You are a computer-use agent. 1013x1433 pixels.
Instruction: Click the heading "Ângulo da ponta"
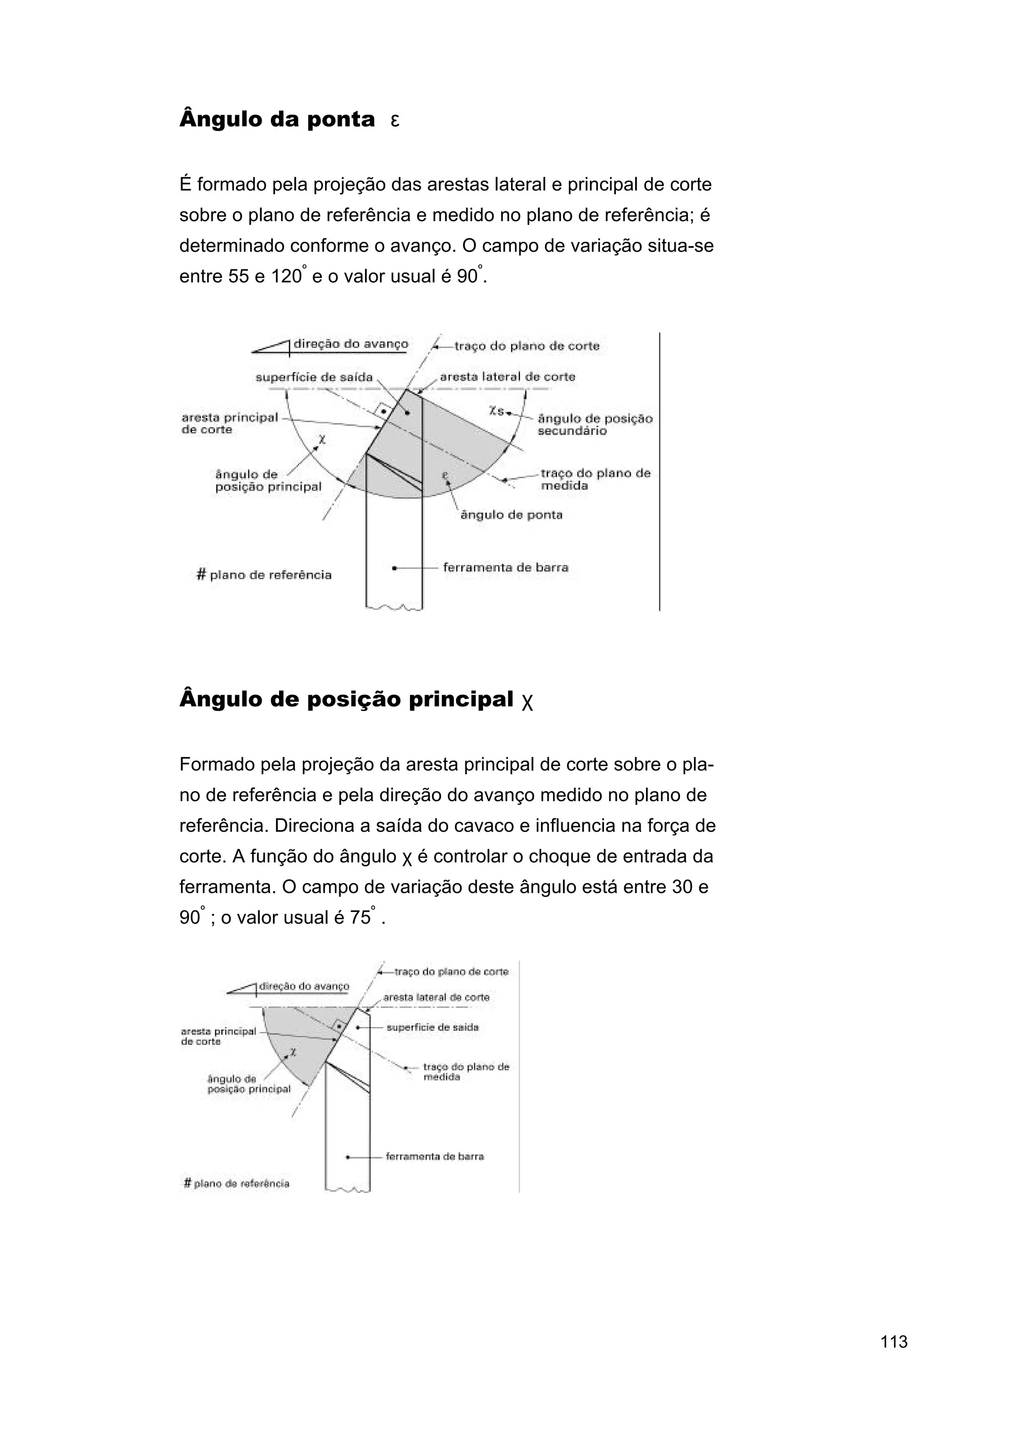[276, 119]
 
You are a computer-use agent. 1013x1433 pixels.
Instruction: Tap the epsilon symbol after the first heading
[394, 121]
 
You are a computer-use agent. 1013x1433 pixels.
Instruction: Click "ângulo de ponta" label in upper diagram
[511, 515]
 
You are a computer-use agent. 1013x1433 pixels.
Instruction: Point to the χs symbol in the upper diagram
[496, 411]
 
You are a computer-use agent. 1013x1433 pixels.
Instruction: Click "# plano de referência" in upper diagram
[264, 575]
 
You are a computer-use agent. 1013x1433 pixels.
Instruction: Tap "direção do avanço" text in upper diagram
[350, 344]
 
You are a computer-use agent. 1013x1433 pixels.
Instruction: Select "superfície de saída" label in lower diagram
[432, 1027]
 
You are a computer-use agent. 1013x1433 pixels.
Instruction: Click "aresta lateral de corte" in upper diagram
[507, 377]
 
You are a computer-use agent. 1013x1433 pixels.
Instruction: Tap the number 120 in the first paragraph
[286, 276]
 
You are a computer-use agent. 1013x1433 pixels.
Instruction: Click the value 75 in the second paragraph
[360, 917]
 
